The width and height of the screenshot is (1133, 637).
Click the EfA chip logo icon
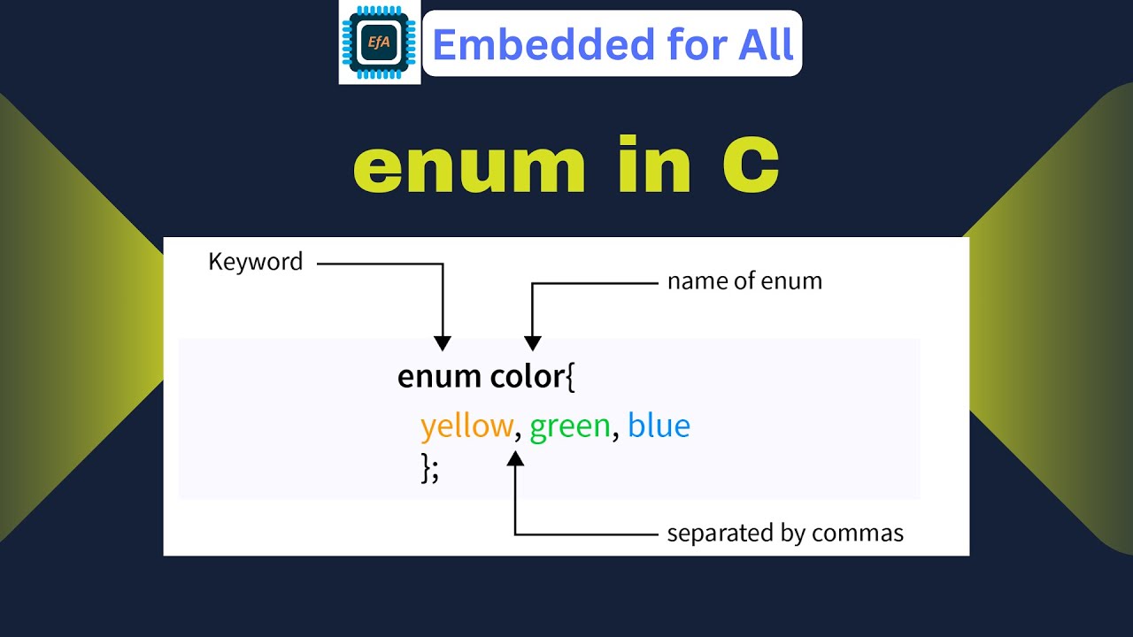(379, 42)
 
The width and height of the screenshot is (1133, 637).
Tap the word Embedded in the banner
(513, 44)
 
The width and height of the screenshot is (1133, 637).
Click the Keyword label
(255, 262)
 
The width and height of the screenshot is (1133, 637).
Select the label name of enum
(744, 281)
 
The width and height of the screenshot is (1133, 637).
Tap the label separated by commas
(785, 533)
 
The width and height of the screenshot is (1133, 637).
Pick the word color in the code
(526, 377)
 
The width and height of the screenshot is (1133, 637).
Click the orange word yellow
(466, 427)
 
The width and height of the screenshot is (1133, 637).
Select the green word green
(570, 427)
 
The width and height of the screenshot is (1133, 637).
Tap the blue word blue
(659, 426)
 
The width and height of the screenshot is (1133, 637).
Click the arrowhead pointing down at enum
(443, 343)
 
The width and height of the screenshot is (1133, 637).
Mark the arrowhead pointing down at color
(532, 343)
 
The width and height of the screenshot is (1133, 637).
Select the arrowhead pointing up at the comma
(516, 457)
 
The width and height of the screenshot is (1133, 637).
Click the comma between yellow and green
(518, 436)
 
